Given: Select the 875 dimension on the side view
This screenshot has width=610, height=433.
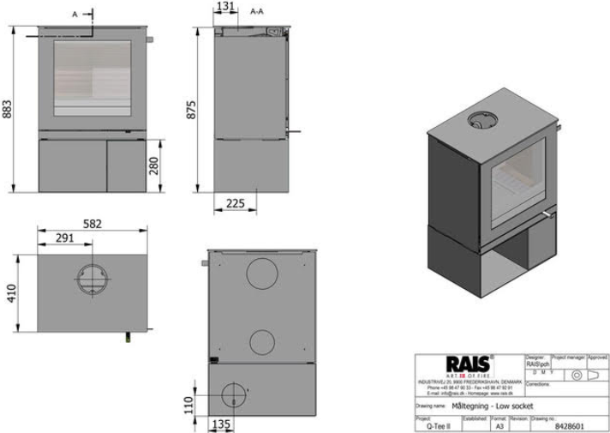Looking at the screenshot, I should coord(192,110).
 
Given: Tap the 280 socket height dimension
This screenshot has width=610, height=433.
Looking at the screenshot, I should coord(154,165).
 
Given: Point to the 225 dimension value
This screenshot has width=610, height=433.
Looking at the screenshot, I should coord(237,203).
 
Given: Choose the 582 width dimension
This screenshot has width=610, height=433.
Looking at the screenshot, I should coord(92,224).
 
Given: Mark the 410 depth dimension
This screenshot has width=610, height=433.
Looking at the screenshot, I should coord(10,293).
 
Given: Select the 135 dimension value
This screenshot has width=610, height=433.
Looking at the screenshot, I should coord(221,423).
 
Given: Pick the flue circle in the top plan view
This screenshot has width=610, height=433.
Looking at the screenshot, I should coord(92,282).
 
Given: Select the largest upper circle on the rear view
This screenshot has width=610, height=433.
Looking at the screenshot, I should coord(261,274).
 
